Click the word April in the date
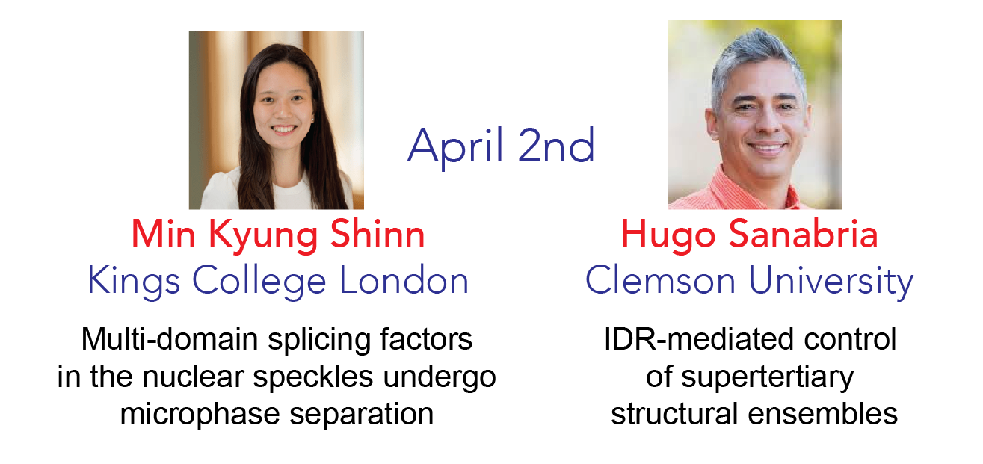(x=454, y=146)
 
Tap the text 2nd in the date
(x=556, y=145)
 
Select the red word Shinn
(x=378, y=233)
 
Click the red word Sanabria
(x=803, y=233)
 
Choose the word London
(x=404, y=279)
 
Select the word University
(x=831, y=282)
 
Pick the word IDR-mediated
(x=699, y=339)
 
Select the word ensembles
(x=823, y=414)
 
